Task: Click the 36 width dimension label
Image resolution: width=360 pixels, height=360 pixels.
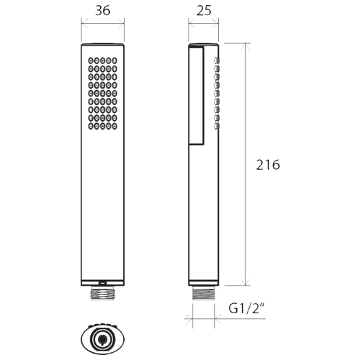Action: click(103, 11)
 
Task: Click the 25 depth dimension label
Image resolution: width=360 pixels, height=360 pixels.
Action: click(204, 11)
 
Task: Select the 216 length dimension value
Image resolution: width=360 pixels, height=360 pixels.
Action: click(268, 165)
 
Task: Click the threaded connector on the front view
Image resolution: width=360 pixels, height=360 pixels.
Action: click(103, 294)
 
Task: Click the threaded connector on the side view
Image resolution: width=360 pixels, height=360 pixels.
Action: click(204, 293)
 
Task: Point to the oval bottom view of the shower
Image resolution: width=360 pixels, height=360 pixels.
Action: click(103, 338)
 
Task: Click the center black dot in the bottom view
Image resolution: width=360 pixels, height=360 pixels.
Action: click(103, 339)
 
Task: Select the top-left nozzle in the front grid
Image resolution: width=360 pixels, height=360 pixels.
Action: click(91, 60)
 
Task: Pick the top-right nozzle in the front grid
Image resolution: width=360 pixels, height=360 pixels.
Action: click(114, 60)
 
